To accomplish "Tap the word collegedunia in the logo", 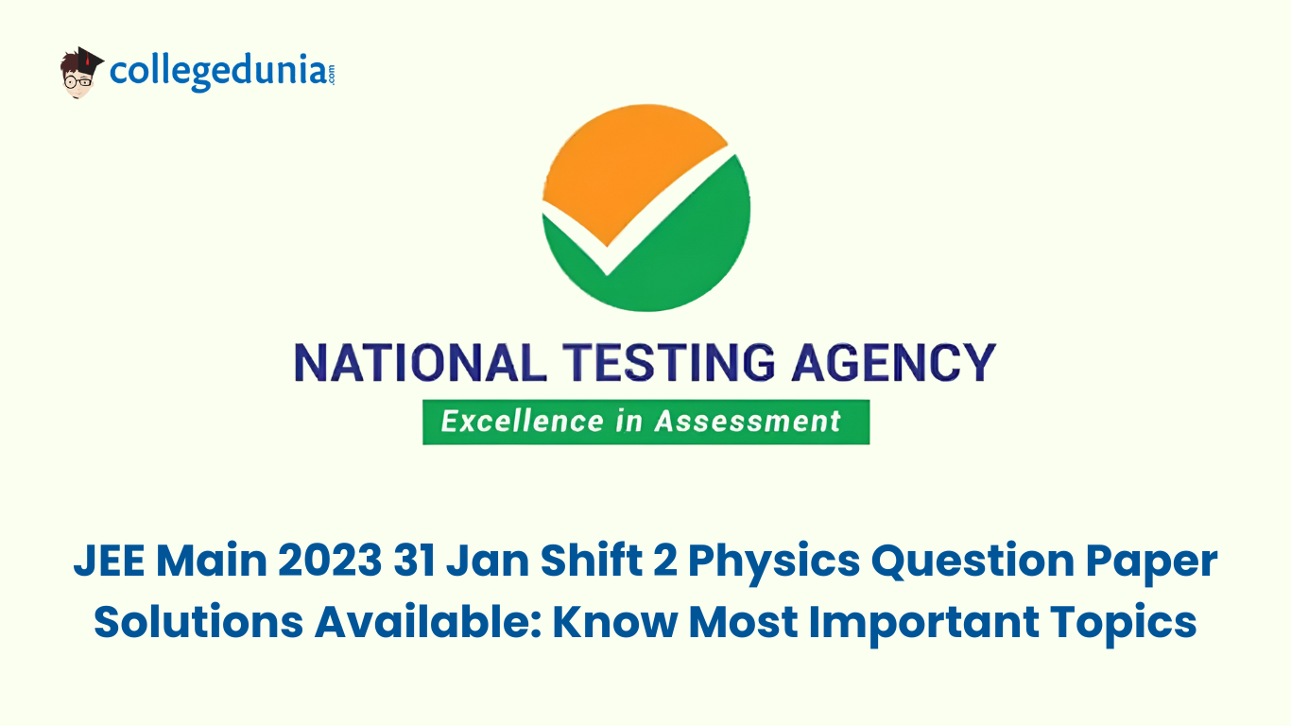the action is [218, 72].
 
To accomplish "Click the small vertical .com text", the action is [331, 75].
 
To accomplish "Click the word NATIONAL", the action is [421, 363].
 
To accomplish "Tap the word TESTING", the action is [668, 363].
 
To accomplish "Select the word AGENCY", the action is [893, 363].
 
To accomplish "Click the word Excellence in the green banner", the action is [522, 422].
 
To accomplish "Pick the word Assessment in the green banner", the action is [749, 422].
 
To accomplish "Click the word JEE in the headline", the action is [109, 561].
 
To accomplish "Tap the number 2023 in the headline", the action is [330, 561].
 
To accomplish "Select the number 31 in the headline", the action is [414, 561].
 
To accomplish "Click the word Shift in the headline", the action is [592, 561].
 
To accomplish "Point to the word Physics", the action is [774, 562].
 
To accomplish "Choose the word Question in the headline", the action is [973, 562].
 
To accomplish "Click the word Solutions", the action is [198, 622].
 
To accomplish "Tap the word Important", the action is [923, 624].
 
